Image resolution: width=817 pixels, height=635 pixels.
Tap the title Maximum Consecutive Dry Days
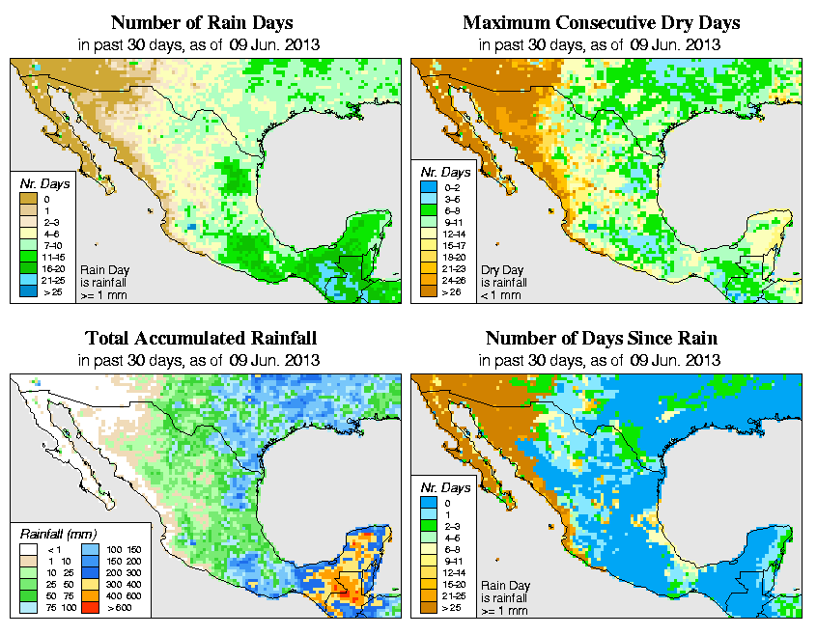[602, 22]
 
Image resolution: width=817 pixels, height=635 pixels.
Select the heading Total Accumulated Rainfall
[201, 339]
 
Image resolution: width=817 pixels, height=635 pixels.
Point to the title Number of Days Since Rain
[602, 339]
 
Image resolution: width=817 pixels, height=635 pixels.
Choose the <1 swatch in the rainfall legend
[28, 548]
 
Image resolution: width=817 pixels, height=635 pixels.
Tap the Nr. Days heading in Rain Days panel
[40, 183]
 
